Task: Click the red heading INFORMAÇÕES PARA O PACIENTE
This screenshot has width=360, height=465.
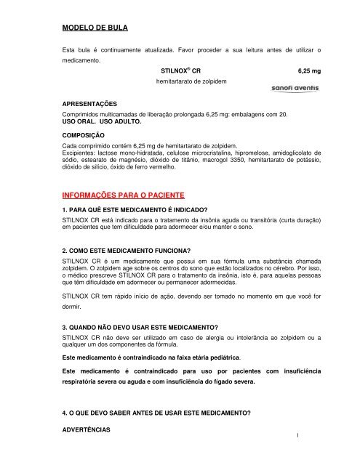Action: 125,195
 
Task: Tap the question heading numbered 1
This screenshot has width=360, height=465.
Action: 136,211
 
